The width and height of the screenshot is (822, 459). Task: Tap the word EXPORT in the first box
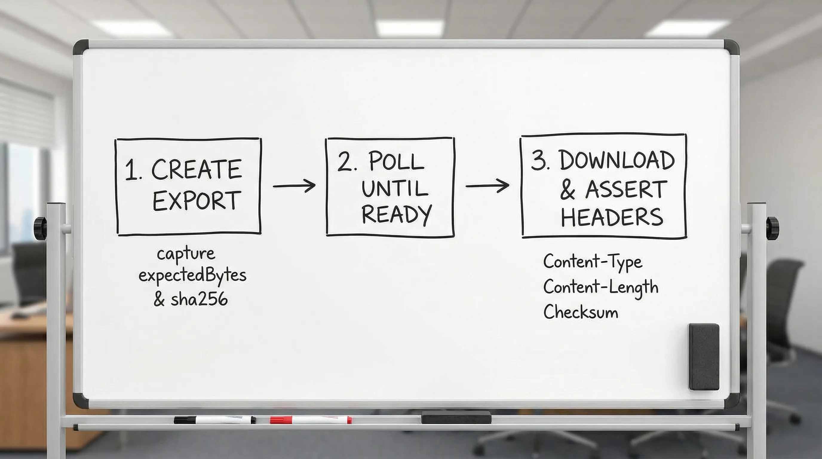click(196, 201)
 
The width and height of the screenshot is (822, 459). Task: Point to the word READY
click(396, 215)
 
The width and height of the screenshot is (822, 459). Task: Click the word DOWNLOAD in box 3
click(616, 160)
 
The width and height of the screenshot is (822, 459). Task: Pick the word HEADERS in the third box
click(612, 217)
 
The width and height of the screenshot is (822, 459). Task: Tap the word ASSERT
click(626, 189)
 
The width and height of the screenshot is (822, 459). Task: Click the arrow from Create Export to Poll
click(294, 186)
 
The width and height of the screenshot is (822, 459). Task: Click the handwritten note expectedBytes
click(193, 276)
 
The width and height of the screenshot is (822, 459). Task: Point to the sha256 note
click(199, 299)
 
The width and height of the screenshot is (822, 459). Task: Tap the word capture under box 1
click(186, 254)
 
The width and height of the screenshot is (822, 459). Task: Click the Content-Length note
click(601, 287)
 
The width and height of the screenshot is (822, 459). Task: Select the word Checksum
click(581, 312)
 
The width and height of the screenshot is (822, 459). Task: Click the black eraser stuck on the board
click(704, 356)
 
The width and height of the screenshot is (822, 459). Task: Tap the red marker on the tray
click(310, 420)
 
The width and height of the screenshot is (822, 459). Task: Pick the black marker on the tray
click(214, 420)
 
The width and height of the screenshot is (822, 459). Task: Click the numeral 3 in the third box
click(538, 160)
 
